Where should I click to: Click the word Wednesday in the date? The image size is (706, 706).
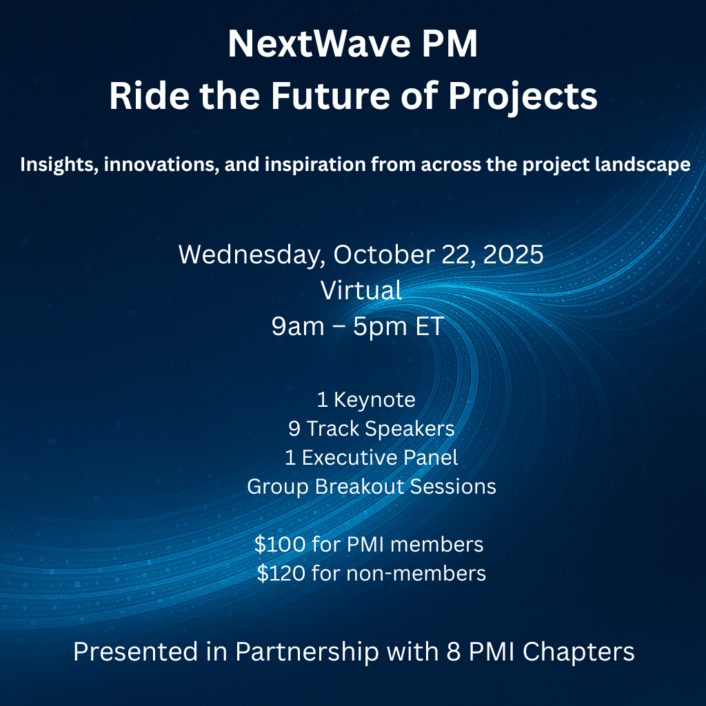[252, 255]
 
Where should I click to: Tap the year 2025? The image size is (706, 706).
[513, 254]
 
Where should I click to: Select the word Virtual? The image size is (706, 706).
[361, 290]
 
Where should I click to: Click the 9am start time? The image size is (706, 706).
[298, 326]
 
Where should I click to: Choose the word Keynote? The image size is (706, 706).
[374, 401]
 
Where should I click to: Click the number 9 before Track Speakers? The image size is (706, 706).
[294, 429]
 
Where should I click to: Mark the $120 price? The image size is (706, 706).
[281, 573]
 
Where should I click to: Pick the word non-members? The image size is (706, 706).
[416, 574]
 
